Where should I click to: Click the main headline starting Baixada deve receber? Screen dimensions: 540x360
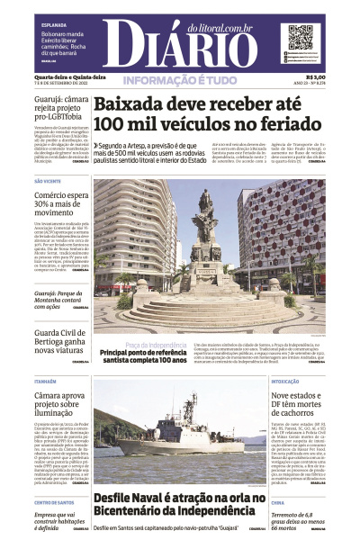194,113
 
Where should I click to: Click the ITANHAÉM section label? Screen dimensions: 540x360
46,381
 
